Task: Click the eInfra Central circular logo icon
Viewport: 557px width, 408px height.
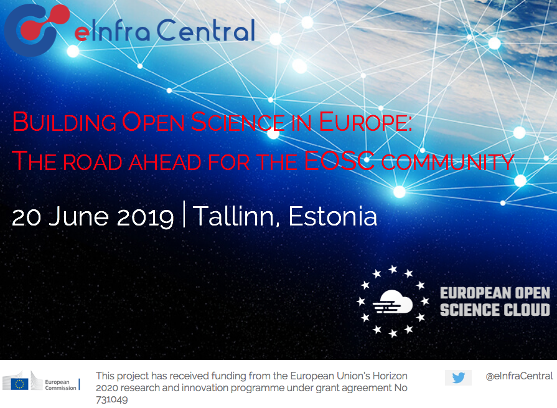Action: click(35, 30)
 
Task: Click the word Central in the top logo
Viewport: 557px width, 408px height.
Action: click(206, 30)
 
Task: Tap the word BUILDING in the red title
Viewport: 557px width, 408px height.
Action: click(64, 122)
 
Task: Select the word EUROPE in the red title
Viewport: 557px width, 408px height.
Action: click(365, 122)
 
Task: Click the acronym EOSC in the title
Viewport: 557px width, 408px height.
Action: click(339, 161)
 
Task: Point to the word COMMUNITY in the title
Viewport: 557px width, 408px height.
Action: click(447, 162)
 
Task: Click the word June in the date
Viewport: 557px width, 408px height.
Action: click(78, 217)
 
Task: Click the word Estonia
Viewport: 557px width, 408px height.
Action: click(332, 216)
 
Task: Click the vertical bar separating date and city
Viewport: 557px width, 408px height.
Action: click(184, 214)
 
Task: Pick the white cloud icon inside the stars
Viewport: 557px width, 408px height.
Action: click(393, 301)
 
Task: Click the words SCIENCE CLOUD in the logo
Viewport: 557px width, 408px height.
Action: click(495, 310)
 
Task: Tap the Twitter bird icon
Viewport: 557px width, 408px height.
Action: click(459, 377)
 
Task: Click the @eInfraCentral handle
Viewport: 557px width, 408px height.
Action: click(519, 376)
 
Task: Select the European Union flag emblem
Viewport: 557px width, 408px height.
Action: click(19, 384)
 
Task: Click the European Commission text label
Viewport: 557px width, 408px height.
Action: click(61, 385)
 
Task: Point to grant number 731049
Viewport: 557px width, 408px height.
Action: click(111, 400)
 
